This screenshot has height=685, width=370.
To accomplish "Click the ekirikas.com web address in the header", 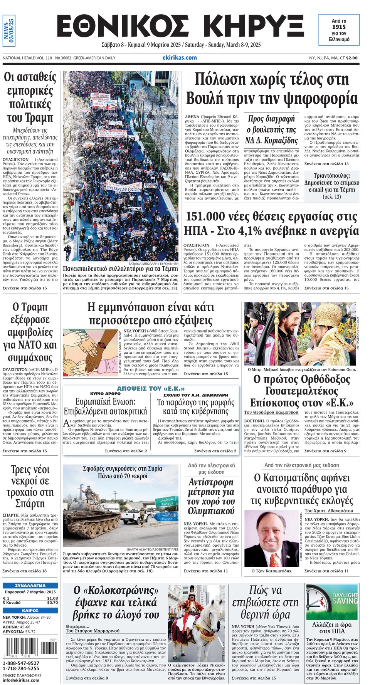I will pyautogui.click(x=180, y=58).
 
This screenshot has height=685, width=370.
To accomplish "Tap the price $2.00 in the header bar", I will pyautogui.click(x=351, y=58).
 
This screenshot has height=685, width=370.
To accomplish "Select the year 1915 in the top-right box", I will pyautogui.click(x=339, y=27).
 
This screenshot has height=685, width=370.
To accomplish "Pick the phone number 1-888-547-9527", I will pyautogui.click(x=21, y=663).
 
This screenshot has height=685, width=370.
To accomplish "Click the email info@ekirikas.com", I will pyautogui.click(x=21, y=680).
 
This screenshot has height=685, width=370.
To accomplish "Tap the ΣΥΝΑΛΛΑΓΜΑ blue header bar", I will pyautogui.click(x=30, y=586).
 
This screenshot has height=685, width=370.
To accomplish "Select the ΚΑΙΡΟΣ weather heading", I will pyautogui.click(x=30, y=610).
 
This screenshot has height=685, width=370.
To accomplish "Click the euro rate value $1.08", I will pyautogui.click(x=52, y=598).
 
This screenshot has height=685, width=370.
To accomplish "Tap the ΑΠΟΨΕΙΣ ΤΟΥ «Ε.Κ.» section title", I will pyautogui.click(x=151, y=389).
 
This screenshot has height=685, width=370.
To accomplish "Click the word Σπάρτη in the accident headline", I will pyautogui.click(x=30, y=504).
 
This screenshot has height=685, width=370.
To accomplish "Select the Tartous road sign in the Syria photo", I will pyautogui.click(x=167, y=504).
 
